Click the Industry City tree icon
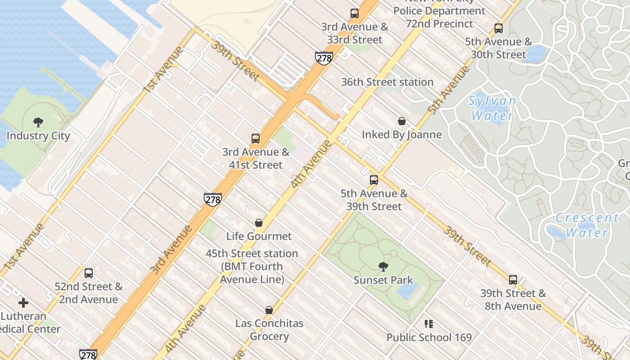(38, 122)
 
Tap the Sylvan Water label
(492, 108)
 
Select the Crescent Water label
(587, 225)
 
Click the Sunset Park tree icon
(383, 267)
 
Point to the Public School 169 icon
(429, 324)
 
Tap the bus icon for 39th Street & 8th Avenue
(513, 279)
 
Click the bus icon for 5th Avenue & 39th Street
(374, 180)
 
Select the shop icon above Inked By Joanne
(402, 121)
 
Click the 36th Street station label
(387, 82)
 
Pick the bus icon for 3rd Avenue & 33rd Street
(355, 13)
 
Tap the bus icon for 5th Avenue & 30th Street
(499, 28)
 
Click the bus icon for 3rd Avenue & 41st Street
(256, 138)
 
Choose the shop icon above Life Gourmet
(259, 222)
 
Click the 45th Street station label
(252, 266)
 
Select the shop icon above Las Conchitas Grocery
(269, 310)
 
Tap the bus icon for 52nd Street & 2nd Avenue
(89, 273)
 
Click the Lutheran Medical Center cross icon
(23, 302)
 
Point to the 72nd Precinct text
(439, 24)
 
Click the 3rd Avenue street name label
(171, 250)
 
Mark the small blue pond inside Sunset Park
(407, 290)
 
